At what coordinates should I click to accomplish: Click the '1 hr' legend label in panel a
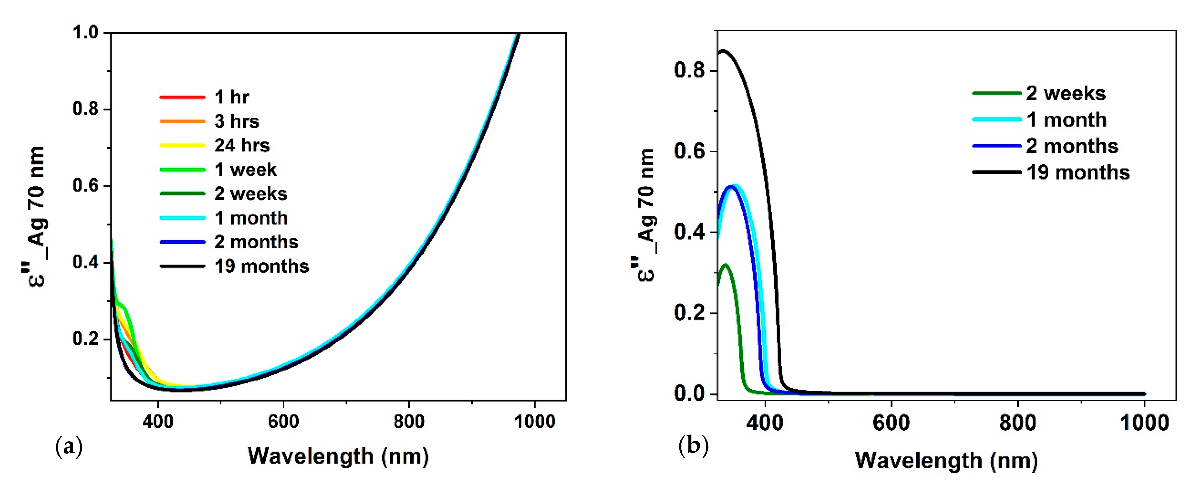click(x=232, y=97)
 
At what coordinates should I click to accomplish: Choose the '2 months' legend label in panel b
click(x=1072, y=146)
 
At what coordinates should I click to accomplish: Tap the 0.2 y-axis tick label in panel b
click(x=689, y=313)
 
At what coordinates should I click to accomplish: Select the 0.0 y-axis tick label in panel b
click(x=689, y=393)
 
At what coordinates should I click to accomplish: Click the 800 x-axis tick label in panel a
click(x=409, y=421)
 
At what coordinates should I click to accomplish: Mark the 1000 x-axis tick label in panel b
click(x=1144, y=423)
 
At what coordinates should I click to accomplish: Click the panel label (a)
click(x=69, y=447)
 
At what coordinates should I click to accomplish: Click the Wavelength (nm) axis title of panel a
click(x=338, y=456)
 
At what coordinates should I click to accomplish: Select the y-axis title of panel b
click(x=646, y=215)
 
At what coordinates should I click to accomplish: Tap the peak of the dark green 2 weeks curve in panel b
click(x=725, y=265)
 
